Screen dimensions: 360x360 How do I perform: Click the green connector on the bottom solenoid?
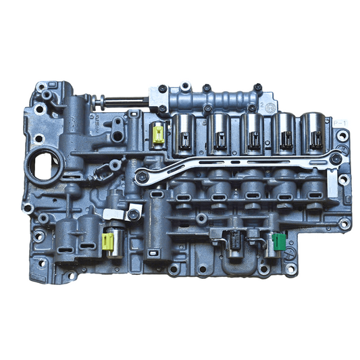pyautogui.click(x=278, y=239)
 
